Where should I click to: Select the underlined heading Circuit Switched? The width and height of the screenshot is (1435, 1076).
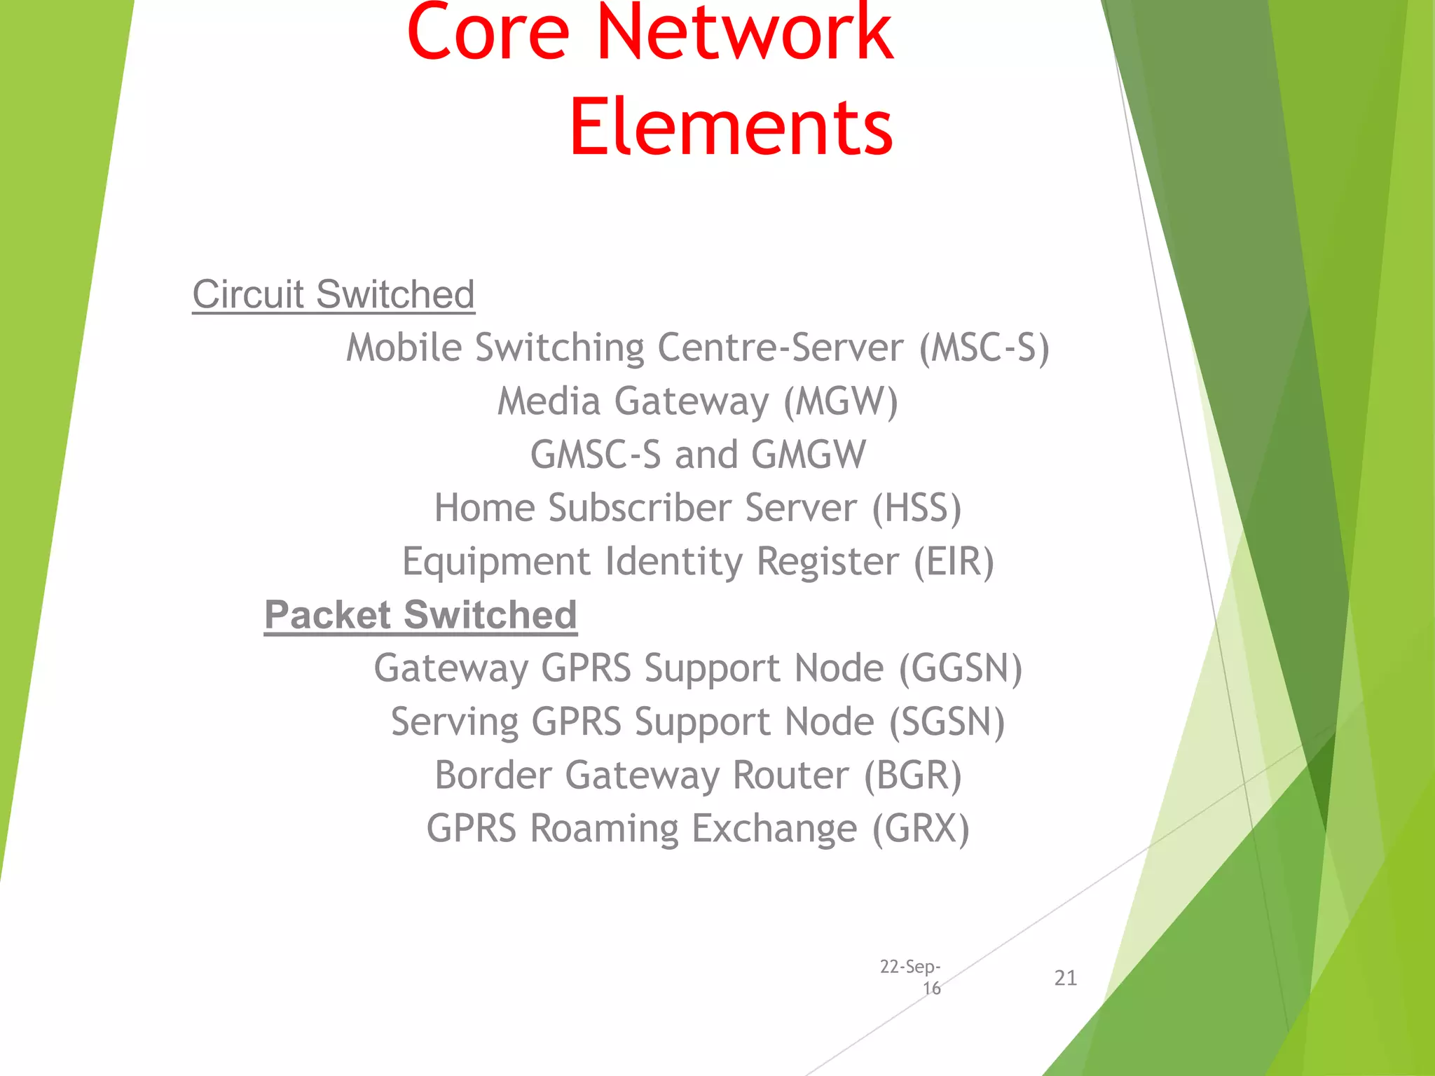(x=334, y=294)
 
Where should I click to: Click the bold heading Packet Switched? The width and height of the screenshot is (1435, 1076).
(x=420, y=615)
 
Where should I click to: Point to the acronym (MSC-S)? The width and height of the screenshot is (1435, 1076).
(x=984, y=348)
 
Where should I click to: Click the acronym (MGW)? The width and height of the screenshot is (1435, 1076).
(x=840, y=401)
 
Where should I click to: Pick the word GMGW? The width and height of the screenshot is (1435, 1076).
(x=809, y=455)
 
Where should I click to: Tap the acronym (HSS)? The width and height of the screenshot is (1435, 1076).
(x=916, y=508)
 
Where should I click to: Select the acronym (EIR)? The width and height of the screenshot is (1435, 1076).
(x=954, y=562)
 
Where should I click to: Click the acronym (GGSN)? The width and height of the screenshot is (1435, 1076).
(x=961, y=668)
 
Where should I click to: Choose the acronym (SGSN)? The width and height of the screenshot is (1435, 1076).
(x=947, y=722)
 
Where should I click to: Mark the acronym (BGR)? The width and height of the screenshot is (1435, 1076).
(x=912, y=775)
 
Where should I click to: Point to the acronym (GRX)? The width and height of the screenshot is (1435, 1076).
(x=921, y=829)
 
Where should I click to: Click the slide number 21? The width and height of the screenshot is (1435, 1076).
(x=1065, y=978)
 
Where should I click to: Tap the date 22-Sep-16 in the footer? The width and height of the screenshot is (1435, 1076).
(x=910, y=977)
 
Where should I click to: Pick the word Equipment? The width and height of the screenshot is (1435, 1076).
(x=496, y=562)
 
